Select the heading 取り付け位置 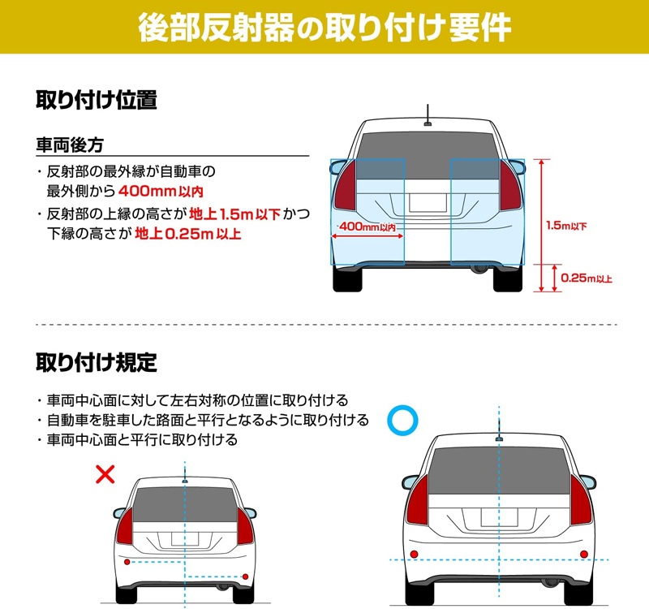(x=96, y=101)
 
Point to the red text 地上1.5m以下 (x=234, y=214)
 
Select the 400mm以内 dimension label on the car (x=367, y=227)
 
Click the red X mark (x=105, y=473)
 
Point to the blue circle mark (x=402, y=419)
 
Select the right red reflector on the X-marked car (x=246, y=577)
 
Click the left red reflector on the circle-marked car (x=415, y=553)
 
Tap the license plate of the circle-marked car (x=498, y=517)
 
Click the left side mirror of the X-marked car (x=119, y=513)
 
